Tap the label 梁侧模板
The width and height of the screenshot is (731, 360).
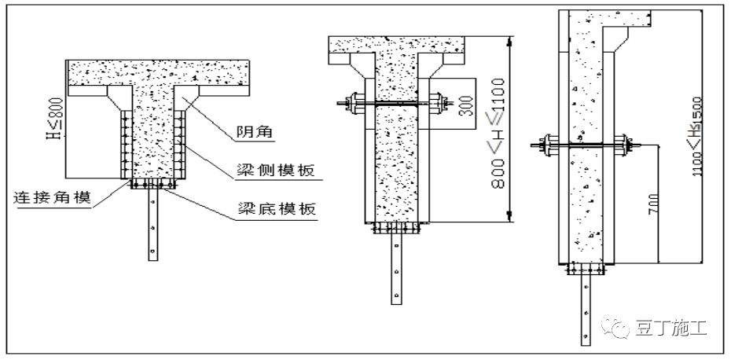pos(274,170)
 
